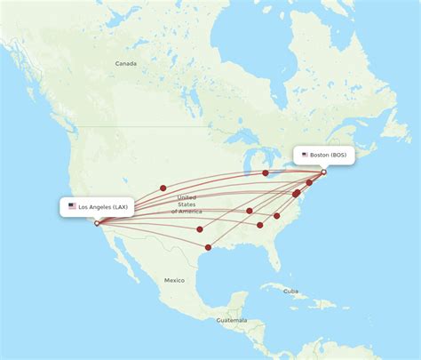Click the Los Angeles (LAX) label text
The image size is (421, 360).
click(x=103, y=207)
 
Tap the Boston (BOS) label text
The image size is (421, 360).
click(x=330, y=155)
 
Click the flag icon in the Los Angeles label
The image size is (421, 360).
click(x=72, y=206)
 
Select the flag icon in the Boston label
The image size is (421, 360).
click(x=305, y=155)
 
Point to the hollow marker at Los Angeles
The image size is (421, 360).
click(x=97, y=222)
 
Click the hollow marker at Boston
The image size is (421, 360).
click(x=323, y=172)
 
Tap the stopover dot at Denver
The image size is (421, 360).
click(x=163, y=188)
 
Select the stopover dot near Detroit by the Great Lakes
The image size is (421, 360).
click(x=266, y=173)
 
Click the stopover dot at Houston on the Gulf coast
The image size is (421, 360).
click(x=208, y=247)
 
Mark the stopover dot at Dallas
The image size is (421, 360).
click(x=200, y=229)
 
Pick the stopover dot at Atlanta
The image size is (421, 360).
click(x=260, y=225)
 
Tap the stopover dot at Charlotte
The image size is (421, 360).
click(x=277, y=216)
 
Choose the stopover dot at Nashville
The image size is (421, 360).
click(x=250, y=211)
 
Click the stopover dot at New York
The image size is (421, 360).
click(x=309, y=182)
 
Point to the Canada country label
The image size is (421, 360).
click(x=126, y=64)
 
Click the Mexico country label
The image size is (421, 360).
click(x=174, y=280)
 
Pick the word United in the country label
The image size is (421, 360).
click(x=187, y=197)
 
